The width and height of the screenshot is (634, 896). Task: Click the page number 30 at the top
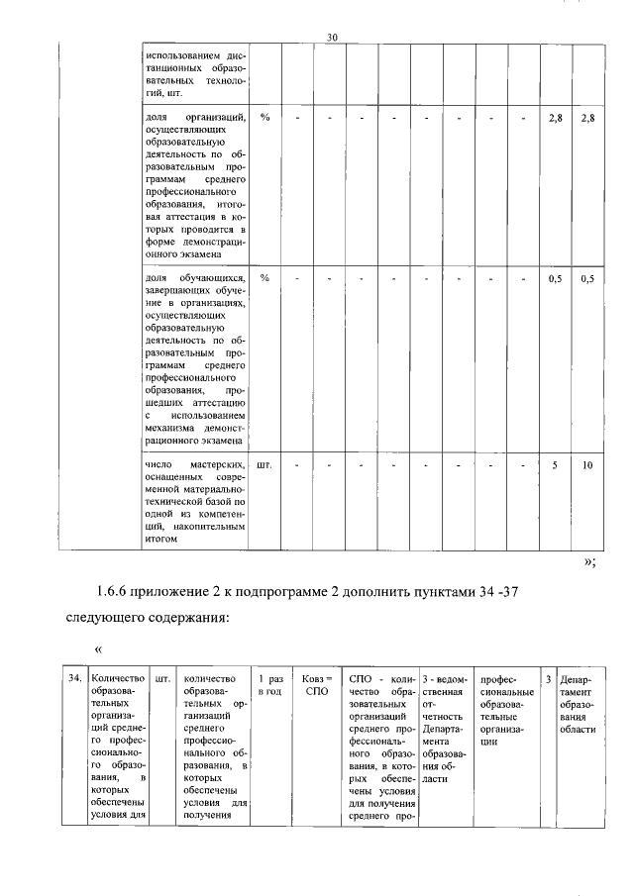pos(333,38)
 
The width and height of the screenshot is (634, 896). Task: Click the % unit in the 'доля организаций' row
pos(264,118)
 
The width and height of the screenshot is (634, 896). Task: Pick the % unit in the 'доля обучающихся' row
pos(264,277)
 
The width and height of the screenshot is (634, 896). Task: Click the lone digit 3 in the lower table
pos(548,680)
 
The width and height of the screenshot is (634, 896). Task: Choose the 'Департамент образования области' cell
pos(577,704)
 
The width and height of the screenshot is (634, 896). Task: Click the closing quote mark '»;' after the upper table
pos(589,561)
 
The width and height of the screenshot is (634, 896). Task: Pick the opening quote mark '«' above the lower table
pos(98,649)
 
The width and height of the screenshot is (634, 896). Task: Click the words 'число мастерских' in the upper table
pos(188,464)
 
